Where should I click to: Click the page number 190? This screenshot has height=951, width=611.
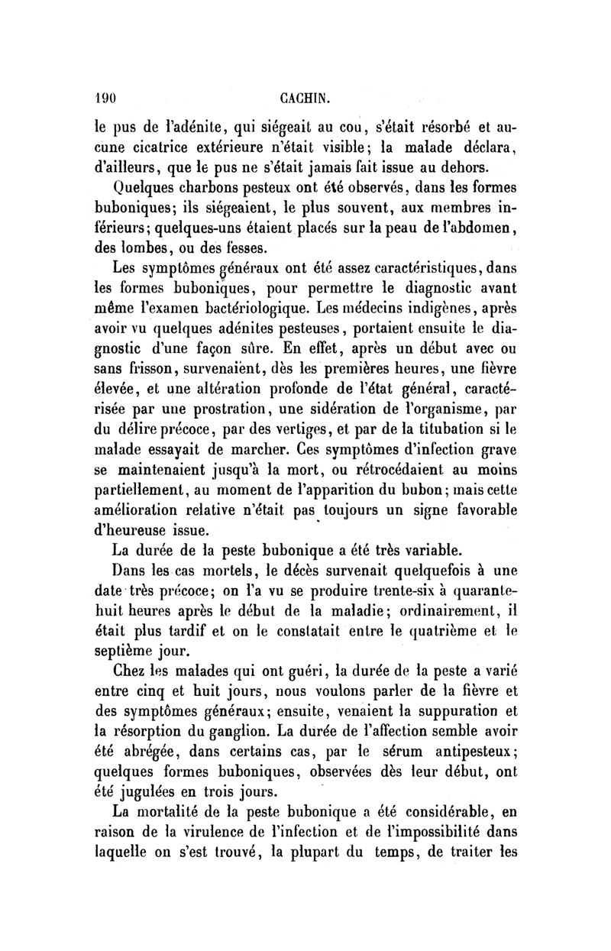tap(104, 98)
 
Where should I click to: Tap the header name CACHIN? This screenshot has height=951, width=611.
tap(305, 98)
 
